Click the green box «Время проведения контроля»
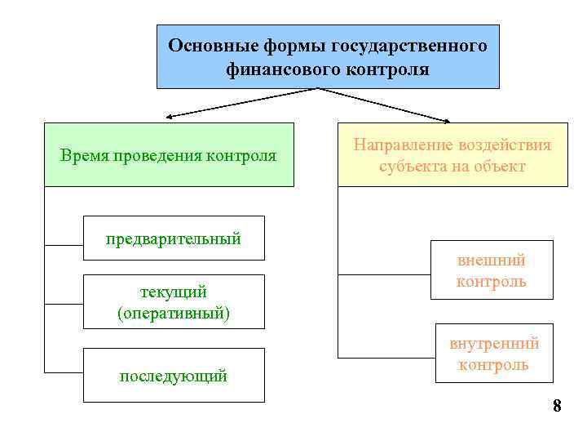click(168, 154)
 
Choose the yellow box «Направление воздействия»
click(452, 155)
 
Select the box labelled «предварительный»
click(174, 238)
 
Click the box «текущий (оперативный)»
click(174, 301)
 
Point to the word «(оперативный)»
click(174, 313)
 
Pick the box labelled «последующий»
click(174, 376)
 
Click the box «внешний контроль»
click(492, 270)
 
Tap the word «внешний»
click(492, 261)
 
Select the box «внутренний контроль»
click(494, 354)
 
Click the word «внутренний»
click(494, 343)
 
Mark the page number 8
click(557, 406)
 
